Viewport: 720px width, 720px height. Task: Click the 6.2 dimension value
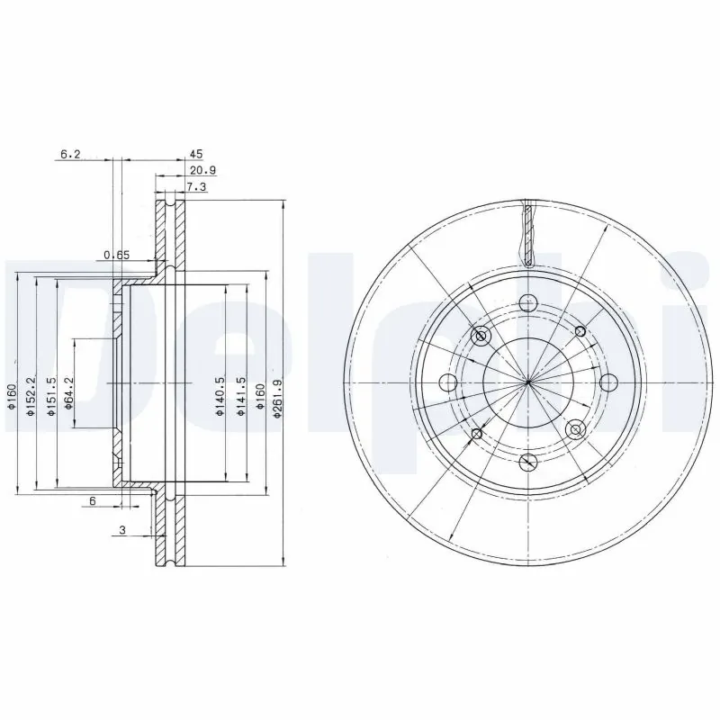(x=70, y=155)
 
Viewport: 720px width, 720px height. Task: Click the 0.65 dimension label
(x=116, y=256)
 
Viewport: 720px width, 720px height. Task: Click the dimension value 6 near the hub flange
(x=92, y=500)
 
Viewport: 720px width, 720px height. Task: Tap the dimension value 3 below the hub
(x=121, y=531)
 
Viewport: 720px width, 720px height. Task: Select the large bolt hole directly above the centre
(x=528, y=303)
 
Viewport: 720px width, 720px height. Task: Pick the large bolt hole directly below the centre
(x=528, y=463)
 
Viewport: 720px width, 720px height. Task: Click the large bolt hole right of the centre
(x=607, y=382)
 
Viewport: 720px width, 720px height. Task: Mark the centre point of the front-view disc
(x=528, y=383)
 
